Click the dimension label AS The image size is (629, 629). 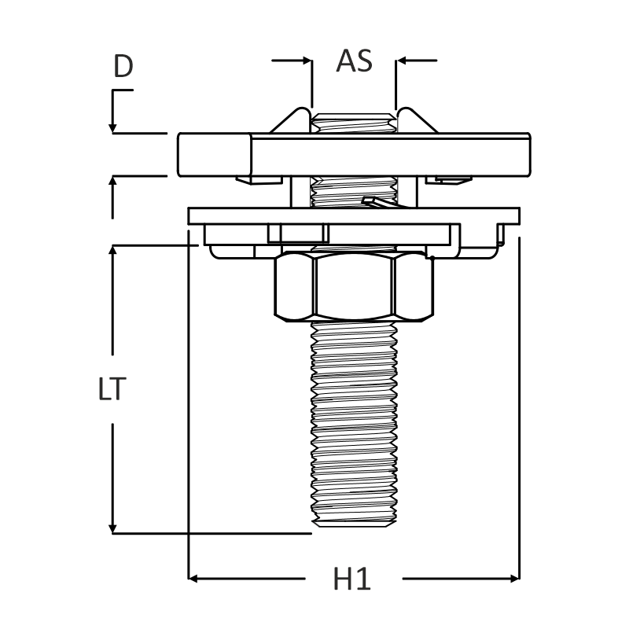pos(355,61)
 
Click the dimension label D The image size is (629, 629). pos(123,66)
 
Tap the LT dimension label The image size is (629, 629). pos(112,389)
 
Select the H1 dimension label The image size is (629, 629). pos(351,579)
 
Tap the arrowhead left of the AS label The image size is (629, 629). pos(307,61)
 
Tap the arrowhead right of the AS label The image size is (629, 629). pos(401,61)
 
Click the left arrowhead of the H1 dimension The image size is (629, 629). pos(193,579)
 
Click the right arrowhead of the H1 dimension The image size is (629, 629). pos(515,579)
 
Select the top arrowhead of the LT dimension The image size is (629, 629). pos(112,249)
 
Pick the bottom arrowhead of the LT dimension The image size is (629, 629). pos(112,528)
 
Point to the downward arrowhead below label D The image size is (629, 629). pos(112,127)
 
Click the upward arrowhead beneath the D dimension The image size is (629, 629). pos(112,181)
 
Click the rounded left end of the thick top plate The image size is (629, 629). pos(215,155)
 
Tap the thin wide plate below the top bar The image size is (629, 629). pos(355,215)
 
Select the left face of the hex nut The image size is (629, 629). pos(295,286)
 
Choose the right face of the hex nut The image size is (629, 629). pos(413,286)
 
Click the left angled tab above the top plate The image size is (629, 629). pos(291,120)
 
